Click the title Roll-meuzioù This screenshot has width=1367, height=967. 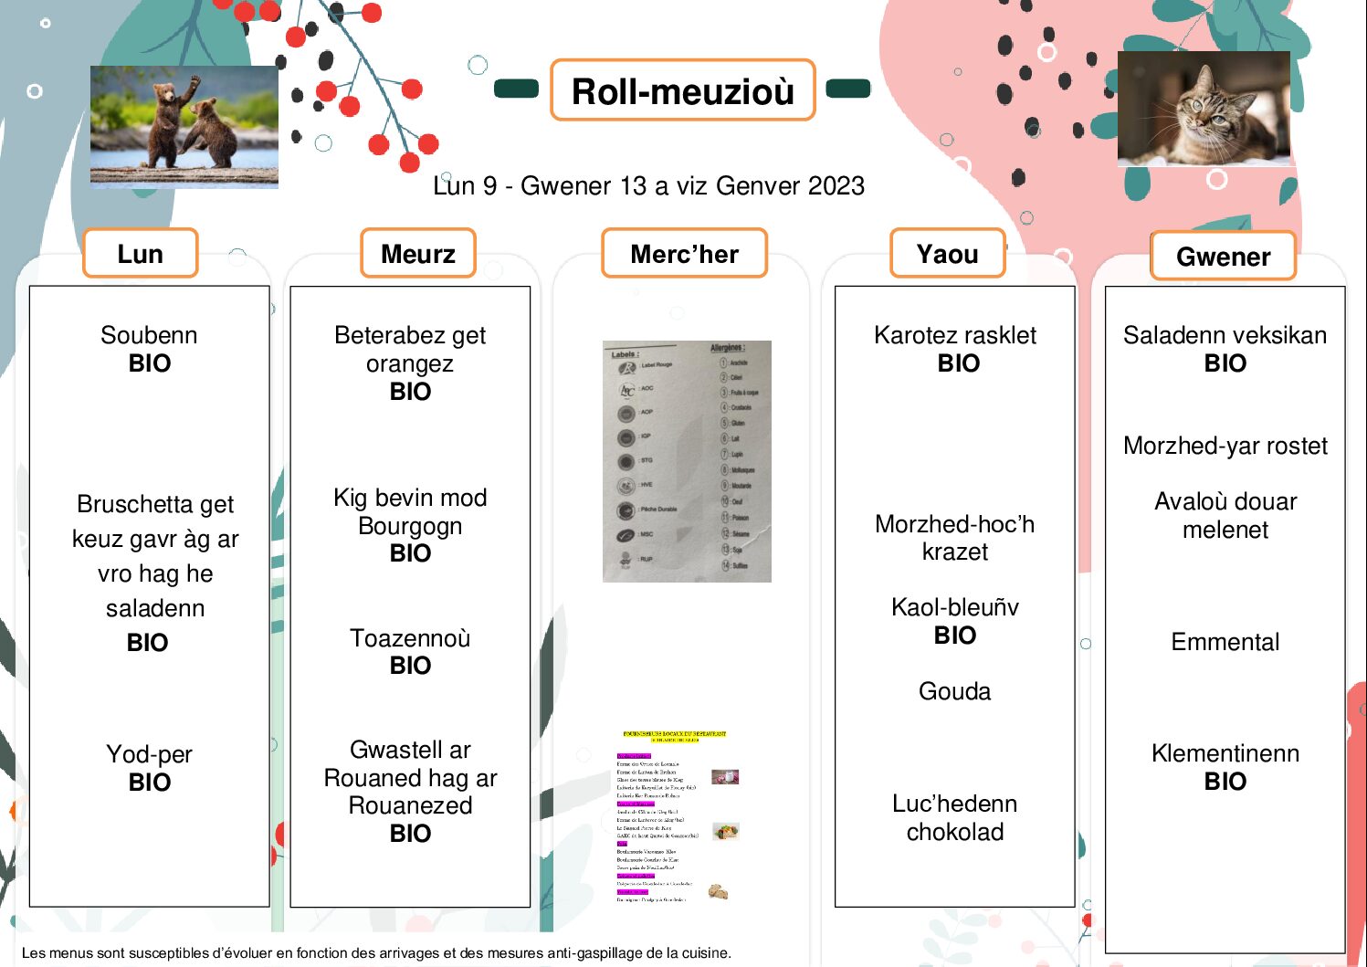click(682, 91)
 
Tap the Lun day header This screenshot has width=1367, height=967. click(140, 254)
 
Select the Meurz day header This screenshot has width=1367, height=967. click(417, 254)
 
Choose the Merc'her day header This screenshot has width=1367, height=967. click(684, 254)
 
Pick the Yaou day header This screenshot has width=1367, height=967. click(947, 254)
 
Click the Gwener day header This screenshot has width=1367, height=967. click(1223, 257)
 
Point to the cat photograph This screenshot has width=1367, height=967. click(1204, 109)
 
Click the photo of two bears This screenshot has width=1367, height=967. click(184, 125)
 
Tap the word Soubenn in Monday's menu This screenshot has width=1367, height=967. click(149, 335)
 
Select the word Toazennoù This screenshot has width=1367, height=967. click(410, 638)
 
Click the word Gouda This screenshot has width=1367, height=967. click(954, 691)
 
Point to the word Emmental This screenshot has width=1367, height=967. click(1225, 642)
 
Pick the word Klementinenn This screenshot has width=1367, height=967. click(1225, 753)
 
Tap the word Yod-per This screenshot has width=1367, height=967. click(149, 754)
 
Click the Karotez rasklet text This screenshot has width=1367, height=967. click(954, 335)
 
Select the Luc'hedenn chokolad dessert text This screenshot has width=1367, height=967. click(954, 817)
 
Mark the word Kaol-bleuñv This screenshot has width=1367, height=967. click(954, 607)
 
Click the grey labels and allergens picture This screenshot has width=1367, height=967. click(687, 461)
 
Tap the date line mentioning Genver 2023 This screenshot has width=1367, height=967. click(648, 186)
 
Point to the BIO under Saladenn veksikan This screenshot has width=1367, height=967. click(1225, 363)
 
